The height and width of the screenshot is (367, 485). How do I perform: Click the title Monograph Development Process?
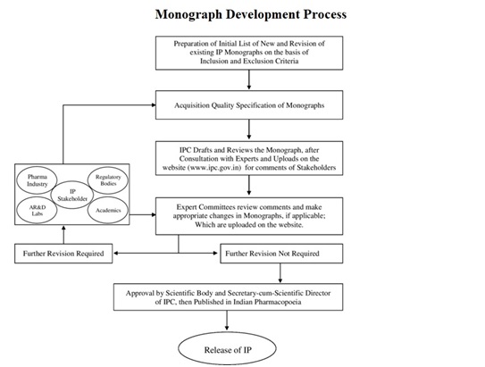point(250,14)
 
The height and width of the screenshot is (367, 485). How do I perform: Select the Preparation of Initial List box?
point(249,54)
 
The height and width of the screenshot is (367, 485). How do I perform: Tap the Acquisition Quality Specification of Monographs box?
point(249,104)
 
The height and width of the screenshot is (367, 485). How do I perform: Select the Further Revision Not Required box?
point(280,255)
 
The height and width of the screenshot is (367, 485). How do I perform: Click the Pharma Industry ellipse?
point(38,181)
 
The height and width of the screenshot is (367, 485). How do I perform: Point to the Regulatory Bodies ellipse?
point(108,181)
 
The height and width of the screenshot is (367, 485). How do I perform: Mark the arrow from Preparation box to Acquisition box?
point(249,80)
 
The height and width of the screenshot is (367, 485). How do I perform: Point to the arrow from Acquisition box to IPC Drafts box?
point(249,129)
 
